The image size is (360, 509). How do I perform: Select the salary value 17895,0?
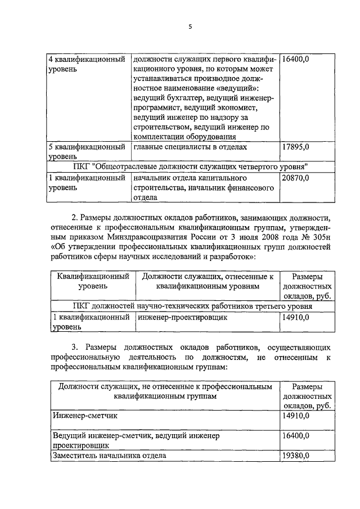click(295, 147)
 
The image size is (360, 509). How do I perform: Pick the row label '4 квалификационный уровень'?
click(87, 64)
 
